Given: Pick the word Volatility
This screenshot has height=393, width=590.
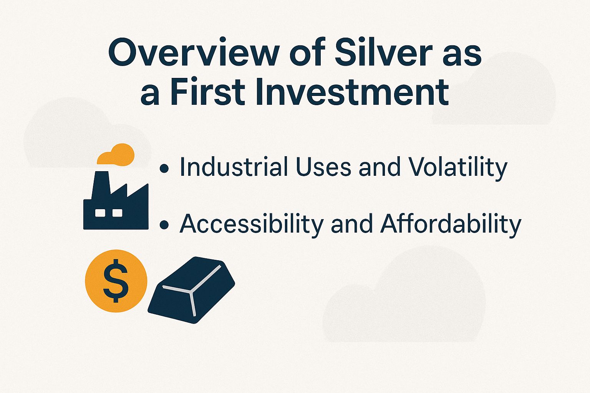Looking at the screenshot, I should tap(457, 168).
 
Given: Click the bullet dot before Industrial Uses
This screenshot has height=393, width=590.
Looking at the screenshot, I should tap(164, 168).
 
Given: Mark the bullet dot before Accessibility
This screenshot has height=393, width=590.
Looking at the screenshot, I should tap(164, 225).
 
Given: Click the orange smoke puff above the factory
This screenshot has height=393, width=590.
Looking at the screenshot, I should tap(116, 154).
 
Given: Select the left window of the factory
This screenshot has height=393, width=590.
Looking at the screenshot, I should tap(100, 213).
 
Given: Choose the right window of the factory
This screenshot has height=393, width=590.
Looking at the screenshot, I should tap(117, 213).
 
